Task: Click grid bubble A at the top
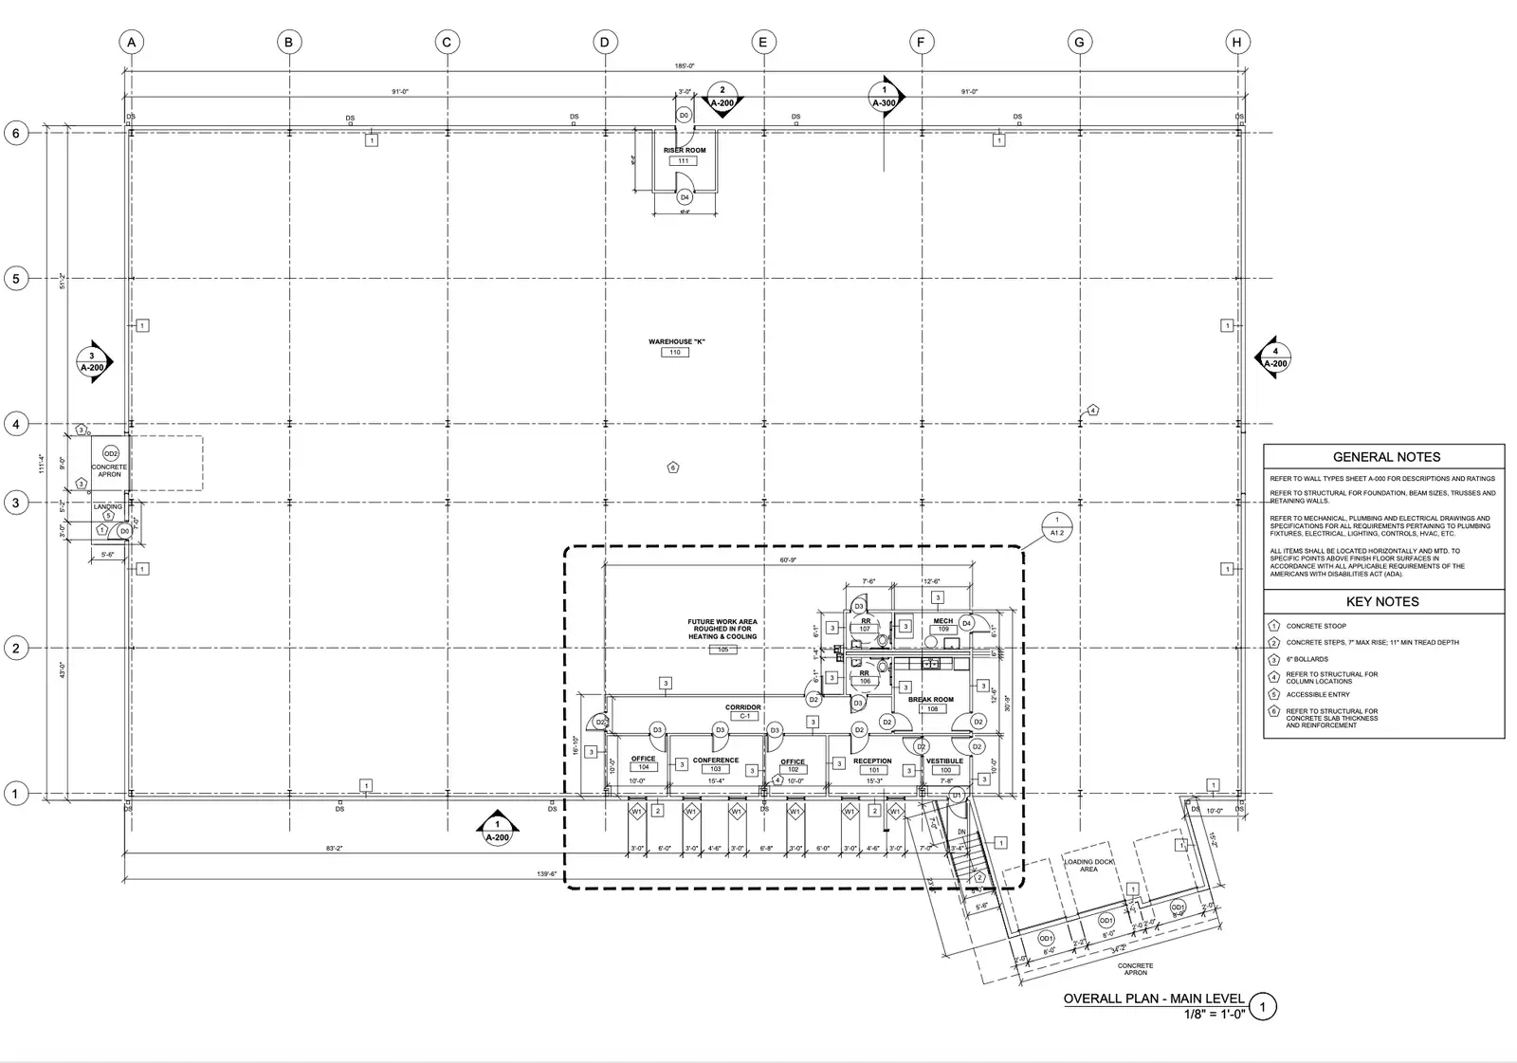pyautogui.click(x=132, y=42)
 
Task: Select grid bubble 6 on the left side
pyautogui.click(x=15, y=134)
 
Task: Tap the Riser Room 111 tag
pyautogui.click(x=684, y=160)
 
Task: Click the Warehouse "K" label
pyautogui.click(x=676, y=341)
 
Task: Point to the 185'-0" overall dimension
pyautogui.click(x=685, y=65)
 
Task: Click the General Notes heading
pyautogui.click(x=1385, y=457)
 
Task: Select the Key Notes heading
pyautogui.click(x=1381, y=602)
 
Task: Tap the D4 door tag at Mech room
pyautogui.click(x=966, y=623)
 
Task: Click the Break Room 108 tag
pyautogui.click(x=932, y=708)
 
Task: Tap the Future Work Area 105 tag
pyautogui.click(x=722, y=650)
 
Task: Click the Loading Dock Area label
pyautogui.click(x=1088, y=865)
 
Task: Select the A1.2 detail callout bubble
pyautogui.click(x=1056, y=526)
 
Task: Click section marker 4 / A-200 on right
pyautogui.click(x=1275, y=357)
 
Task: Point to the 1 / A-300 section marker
pyautogui.click(x=884, y=96)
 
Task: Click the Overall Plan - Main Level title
pyautogui.click(x=1153, y=999)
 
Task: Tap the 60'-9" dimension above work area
pyautogui.click(x=789, y=560)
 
